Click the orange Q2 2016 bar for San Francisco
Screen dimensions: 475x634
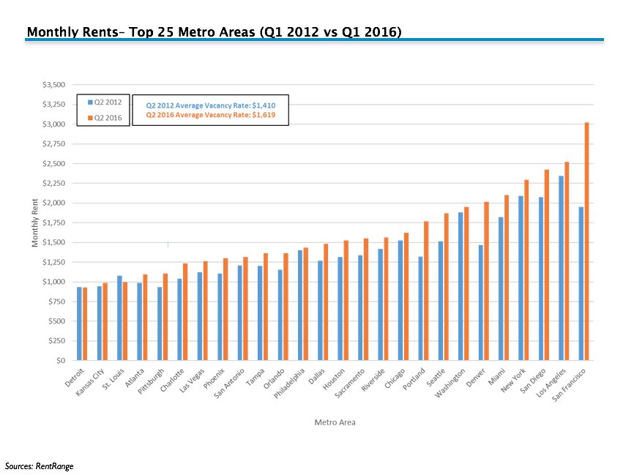(587, 242)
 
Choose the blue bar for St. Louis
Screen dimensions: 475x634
(119, 318)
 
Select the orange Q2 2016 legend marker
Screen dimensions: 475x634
(90, 117)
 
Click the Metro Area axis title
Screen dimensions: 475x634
(335, 422)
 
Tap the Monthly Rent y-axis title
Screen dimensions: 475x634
(34, 222)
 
